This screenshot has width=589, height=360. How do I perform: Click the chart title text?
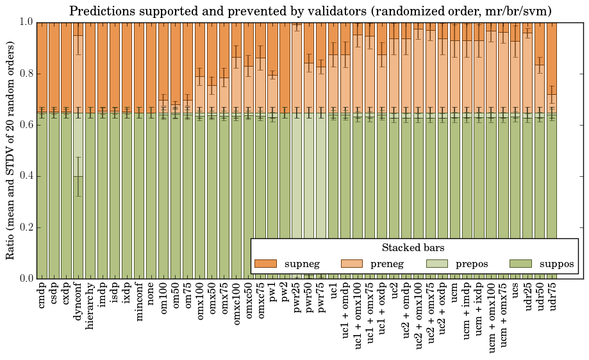(x=310, y=11)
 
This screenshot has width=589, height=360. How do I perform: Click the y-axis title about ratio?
(x=11, y=150)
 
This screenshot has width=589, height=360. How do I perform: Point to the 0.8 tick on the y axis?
(x=24, y=74)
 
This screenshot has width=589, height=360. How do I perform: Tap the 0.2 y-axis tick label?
(x=24, y=227)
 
